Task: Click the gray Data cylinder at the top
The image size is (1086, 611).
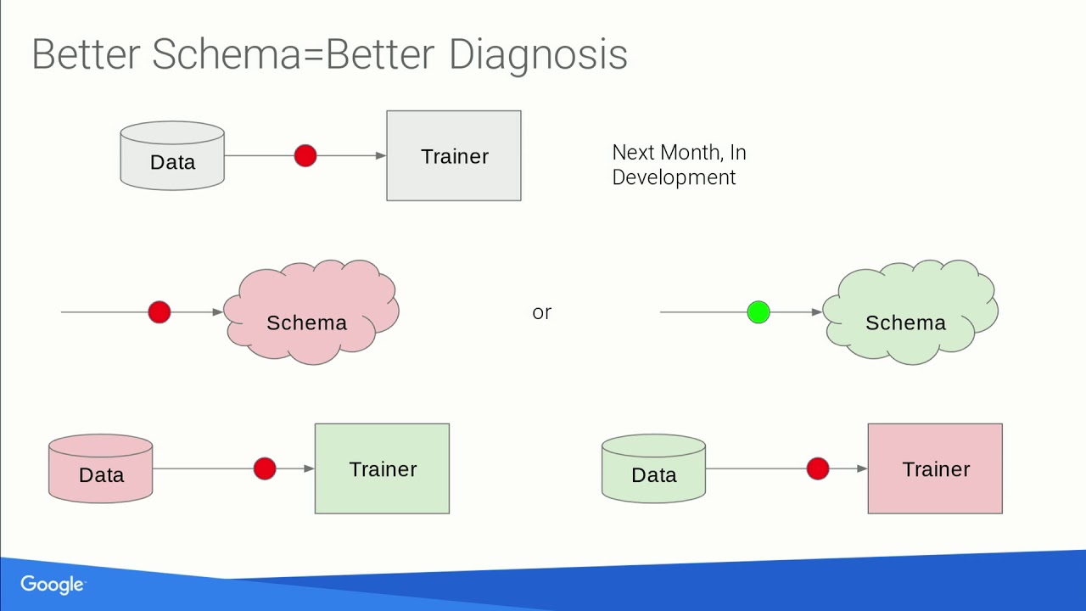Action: point(172,156)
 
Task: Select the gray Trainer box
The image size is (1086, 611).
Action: point(453,156)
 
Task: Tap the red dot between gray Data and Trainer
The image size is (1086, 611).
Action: point(305,156)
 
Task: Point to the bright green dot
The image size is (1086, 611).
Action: point(759,312)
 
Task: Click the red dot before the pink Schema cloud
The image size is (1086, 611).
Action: point(160,312)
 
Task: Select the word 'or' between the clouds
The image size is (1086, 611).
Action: point(541,312)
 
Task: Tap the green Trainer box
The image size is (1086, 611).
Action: point(382,468)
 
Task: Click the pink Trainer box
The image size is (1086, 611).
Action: point(935,468)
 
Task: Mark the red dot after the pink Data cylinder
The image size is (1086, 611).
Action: point(265,468)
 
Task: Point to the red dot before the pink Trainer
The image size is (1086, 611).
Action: point(818,468)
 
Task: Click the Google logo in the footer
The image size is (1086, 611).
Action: point(52,585)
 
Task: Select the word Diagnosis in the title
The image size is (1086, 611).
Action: point(538,55)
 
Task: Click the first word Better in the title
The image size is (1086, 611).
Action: point(85,55)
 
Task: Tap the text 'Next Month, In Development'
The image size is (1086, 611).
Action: point(679,165)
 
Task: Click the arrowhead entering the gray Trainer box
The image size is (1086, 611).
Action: point(381,156)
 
